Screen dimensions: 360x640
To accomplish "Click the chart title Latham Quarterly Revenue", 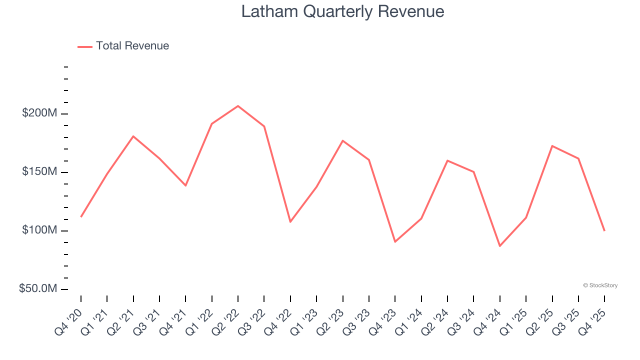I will tap(342, 11).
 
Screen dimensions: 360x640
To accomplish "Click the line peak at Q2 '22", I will tap(238, 106).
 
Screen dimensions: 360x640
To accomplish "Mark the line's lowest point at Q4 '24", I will tap(499, 246).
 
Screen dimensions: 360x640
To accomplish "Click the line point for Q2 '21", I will tap(133, 136).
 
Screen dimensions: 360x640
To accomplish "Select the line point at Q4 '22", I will tap(290, 221).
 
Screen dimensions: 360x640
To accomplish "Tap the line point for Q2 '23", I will tap(342, 140).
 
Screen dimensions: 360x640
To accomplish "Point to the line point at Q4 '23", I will tap(395, 242).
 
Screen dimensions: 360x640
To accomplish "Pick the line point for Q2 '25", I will tap(552, 146).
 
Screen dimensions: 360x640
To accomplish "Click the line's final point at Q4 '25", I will tap(604, 230).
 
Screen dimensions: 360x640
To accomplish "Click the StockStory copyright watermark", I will tap(600, 285).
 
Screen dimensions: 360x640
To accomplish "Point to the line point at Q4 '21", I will tap(185, 185).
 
